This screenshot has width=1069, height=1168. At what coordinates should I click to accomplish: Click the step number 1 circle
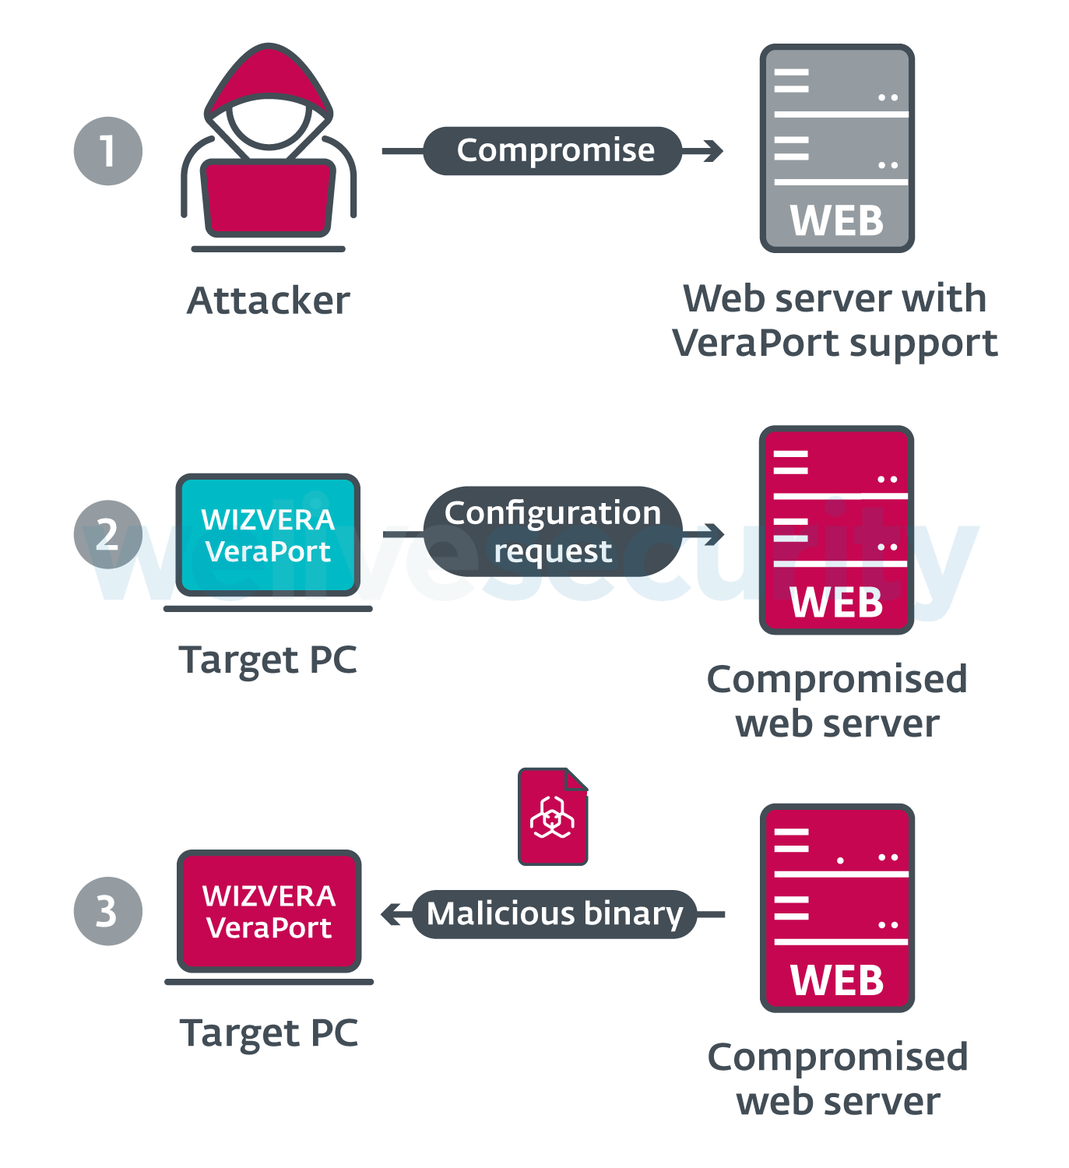point(108,151)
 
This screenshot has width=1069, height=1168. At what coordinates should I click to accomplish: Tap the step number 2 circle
point(108,534)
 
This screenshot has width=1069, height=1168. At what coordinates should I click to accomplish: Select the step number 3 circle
point(108,911)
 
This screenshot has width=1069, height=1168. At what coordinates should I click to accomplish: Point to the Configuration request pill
point(553,532)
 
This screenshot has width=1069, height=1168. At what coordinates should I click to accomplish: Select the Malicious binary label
point(554,914)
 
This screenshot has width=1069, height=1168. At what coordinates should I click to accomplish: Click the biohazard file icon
point(553,817)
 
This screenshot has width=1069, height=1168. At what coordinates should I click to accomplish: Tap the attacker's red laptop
point(269,198)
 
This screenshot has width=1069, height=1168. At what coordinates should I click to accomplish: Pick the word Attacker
point(269,301)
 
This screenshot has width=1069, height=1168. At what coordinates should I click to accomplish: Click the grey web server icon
point(837,148)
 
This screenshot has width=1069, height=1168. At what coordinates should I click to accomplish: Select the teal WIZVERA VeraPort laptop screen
point(269,535)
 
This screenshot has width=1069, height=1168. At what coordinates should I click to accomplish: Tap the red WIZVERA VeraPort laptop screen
point(269,911)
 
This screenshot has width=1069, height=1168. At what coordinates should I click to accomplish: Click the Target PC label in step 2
point(269,660)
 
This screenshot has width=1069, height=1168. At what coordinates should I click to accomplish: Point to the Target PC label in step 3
point(269,1033)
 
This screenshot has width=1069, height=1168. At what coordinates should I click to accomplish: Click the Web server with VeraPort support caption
point(835,320)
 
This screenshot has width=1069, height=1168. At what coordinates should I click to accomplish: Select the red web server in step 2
point(837,529)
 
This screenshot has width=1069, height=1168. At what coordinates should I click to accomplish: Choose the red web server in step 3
point(837,908)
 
